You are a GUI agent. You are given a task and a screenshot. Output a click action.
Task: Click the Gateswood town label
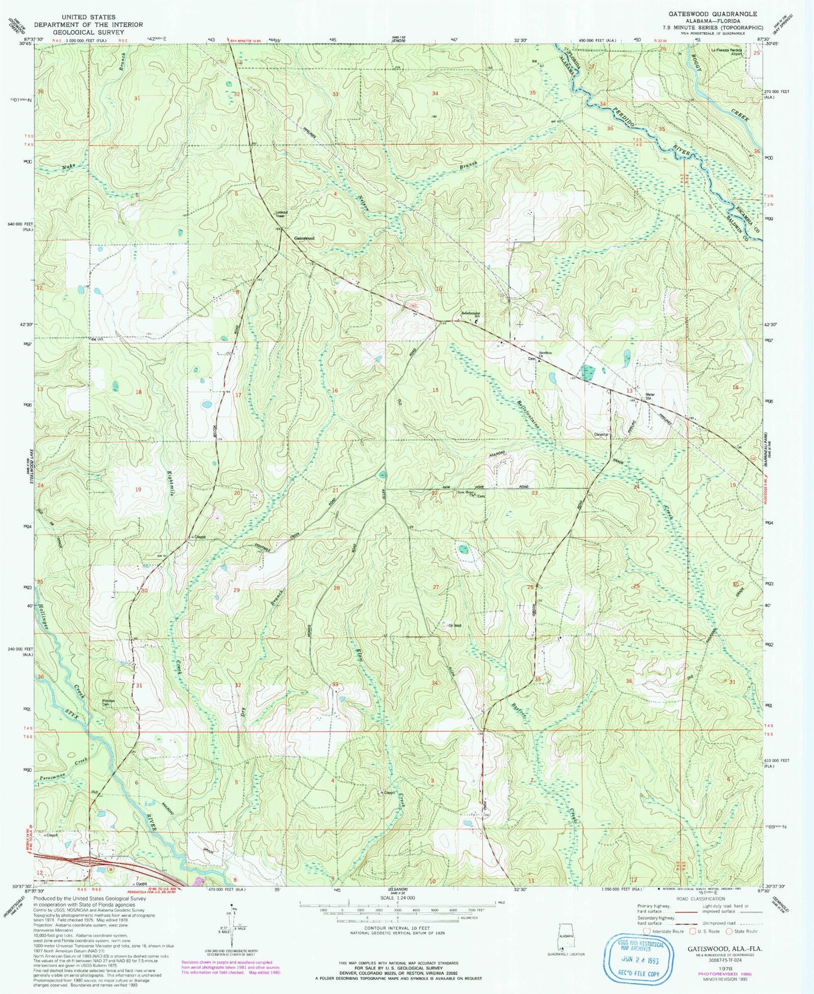point(304,238)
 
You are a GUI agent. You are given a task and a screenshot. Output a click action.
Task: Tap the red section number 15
point(434,390)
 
